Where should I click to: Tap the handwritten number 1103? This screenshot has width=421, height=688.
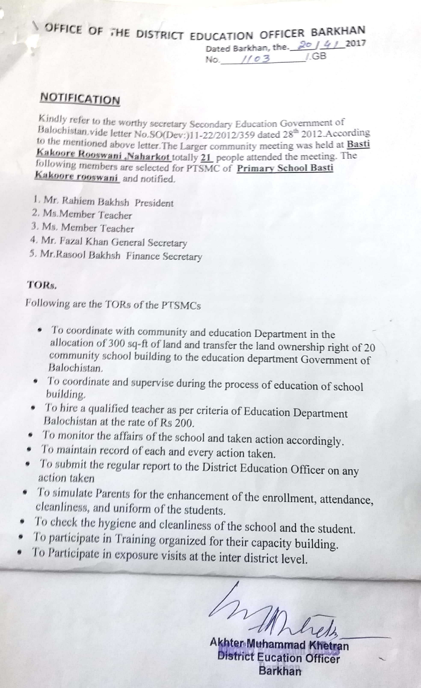point(256,59)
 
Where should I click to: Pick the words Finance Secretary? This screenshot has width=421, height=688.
point(164,256)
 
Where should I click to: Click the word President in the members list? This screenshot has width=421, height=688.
point(154,203)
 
